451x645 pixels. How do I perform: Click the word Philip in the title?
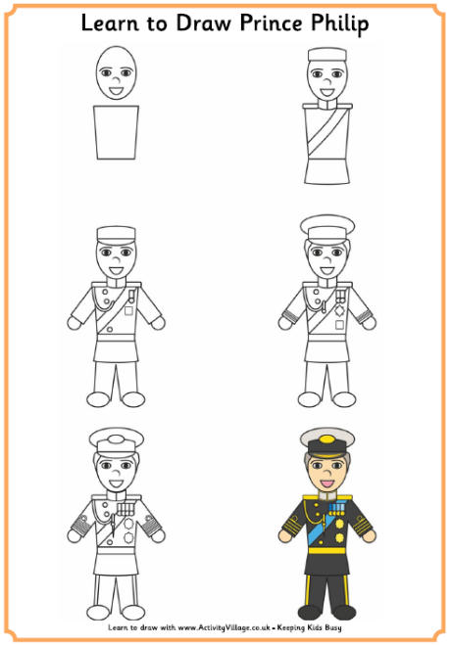339,23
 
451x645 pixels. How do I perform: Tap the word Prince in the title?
271,23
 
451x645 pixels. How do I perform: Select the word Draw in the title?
201,23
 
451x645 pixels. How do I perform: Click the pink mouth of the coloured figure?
327,483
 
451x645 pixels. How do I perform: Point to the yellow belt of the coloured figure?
327,550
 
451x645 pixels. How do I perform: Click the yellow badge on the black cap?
327,438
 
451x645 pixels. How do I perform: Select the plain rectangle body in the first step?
116,132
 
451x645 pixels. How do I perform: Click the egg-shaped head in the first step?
116,72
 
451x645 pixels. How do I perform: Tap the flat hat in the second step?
327,55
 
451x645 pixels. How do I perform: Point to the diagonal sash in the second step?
326,131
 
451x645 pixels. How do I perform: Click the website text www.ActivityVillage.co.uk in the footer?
225,627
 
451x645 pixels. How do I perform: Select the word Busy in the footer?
332,628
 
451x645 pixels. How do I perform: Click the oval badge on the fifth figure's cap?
116,439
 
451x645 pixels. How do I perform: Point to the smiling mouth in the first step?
116,91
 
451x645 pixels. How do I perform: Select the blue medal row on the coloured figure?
336,509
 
